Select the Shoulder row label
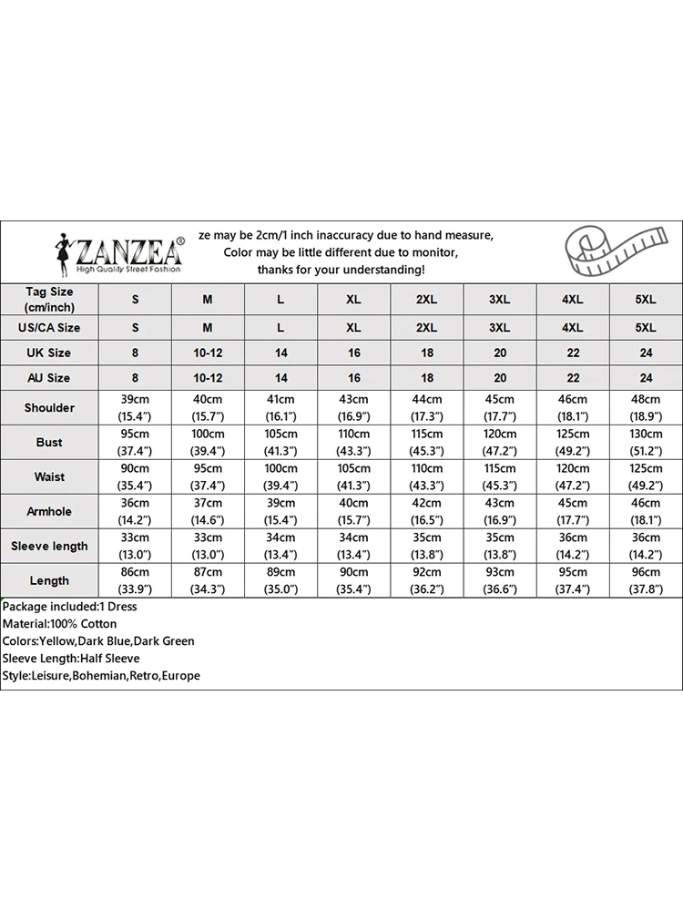pyautogui.click(x=49, y=407)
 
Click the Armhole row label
pyautogui.click(x=49, y=511)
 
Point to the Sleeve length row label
pyautogui.click(x=49, y=546)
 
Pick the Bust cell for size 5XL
pyautogui.click(x=646, y=442)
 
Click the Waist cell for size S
pyautogui.click(x=135, y=476)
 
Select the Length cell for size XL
pyautogui.click(x=353, y=580)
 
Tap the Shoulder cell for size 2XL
pyautogui.click(x=426, y=407)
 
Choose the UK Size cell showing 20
pyautogui.click(x=500, y=353)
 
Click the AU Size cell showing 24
pyautogui.click(x=646, y=377)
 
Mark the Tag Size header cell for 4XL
pyautogui.click(x=573, y=300)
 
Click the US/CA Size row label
pyautogui.click(x=49, y=327)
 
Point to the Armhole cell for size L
pyautogui.click(x=280, y=511)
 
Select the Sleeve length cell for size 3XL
pyautogui.click(x=500, y=546)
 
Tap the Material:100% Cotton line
pyautogui.click(x=60, y=624)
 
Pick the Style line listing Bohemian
pyautogui.click(x=101, y=676)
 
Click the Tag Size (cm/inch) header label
pyautogui.click(x=49, y=299)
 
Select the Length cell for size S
pyautogui.click(x=135, y=580)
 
